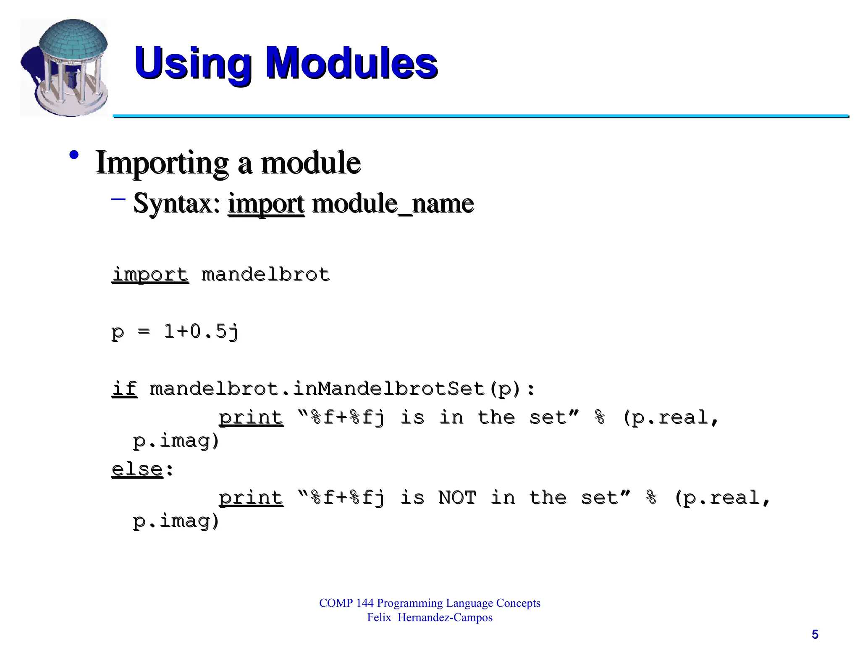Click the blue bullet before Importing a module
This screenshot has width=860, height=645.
[x=74, y=155]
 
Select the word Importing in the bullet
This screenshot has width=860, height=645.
[x=162, y=163]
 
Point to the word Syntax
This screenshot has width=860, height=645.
[x=176, y=204]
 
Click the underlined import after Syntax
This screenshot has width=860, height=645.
[x=266, y=204]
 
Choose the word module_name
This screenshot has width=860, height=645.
[x=393, y=204]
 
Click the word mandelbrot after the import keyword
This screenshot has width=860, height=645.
[x=265, y=275]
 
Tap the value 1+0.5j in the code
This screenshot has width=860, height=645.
[x=201, y=332]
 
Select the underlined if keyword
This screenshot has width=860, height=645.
[x=124, y=388]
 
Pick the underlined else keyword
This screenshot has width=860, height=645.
[x=137, y=469]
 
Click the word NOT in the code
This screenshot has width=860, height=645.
[x=457, y=498]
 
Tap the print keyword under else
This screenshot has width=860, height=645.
[x=251, y=498]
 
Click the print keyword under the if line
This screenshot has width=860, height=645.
[x=251, y=417]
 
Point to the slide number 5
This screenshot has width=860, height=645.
[x=815, y=634]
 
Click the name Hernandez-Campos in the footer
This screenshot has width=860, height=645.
[x=445, y=618]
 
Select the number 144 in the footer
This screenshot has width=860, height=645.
[x=364, y=603]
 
